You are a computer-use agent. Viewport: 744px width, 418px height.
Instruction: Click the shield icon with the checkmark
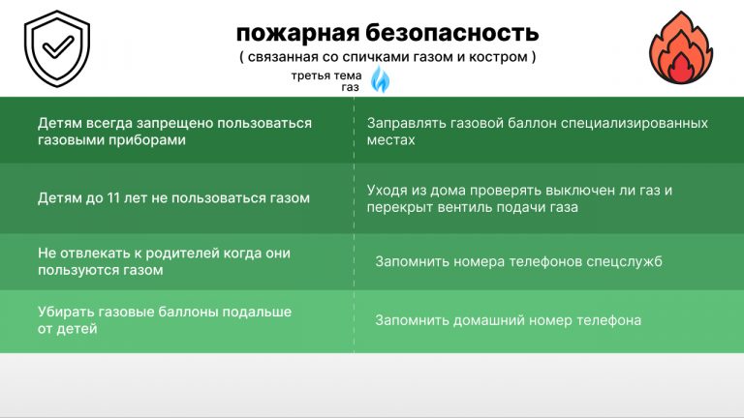[x=57, y=48]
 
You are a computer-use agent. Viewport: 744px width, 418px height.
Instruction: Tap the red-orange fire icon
[x=681, y=47]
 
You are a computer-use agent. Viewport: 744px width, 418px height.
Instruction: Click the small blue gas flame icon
[x=380, y=79]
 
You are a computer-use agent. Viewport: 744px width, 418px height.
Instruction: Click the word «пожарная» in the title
[x=297, y=34]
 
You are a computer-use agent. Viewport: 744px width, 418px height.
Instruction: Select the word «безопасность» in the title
[x=452, y=33]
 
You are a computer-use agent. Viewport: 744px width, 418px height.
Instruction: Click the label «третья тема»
[x=326, y=75]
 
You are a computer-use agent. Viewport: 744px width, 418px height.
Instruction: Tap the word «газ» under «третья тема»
[x=350, y=87]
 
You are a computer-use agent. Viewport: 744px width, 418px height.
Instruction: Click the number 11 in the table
[x=113, y=197]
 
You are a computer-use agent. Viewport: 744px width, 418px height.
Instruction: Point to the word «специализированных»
[x=635, y=124]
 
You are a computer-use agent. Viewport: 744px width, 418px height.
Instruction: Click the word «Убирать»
[x=66, y=312]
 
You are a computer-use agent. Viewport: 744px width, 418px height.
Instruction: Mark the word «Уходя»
[x=387, y=191]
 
